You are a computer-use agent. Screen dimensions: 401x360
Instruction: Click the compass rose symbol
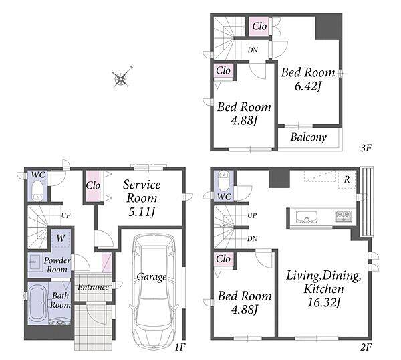(122, 77)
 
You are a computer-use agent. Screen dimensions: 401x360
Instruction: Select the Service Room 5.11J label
(142, 198)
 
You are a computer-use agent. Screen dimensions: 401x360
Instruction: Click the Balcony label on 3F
(308, 137)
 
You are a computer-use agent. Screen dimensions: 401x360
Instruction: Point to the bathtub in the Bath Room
(37, 304)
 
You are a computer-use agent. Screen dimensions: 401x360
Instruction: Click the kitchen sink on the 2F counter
(307, 217)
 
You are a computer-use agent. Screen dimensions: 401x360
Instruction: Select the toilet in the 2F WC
(225, 181)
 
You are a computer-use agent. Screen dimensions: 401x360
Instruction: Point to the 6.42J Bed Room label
(308, 79)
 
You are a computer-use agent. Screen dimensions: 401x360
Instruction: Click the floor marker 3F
(366, 148)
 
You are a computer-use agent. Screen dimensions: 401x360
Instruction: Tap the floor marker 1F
(180, 347)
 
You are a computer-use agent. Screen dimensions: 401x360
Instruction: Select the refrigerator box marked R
(346, 180)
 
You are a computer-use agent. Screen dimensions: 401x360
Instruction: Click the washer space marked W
(61, 238)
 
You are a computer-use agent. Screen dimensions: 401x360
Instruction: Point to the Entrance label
(93, 287)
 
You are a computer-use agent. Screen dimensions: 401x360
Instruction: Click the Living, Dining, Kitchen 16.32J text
(323, 289)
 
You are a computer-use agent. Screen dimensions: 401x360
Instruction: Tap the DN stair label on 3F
(253, 50)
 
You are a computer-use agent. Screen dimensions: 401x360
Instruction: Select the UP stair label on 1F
(65, 215)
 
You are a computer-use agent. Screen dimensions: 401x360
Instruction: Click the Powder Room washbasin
(34, 262)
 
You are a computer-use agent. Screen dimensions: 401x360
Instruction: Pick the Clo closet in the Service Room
(93, 186)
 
